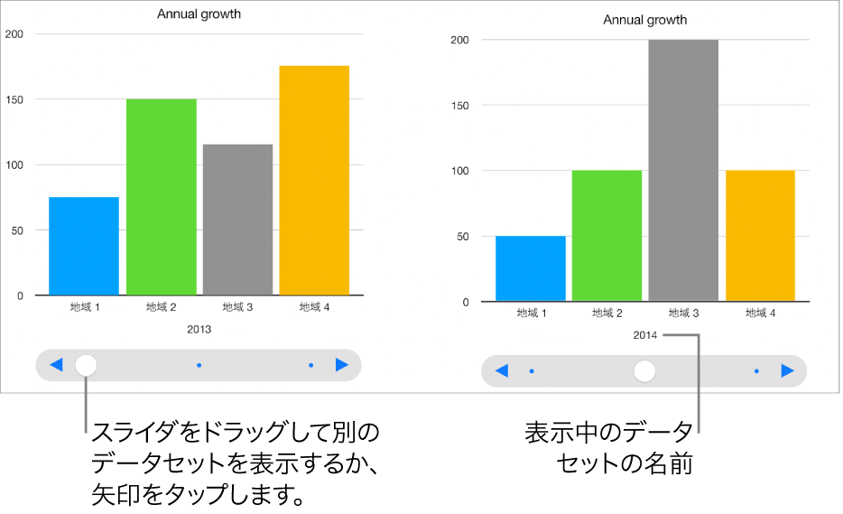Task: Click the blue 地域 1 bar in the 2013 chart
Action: (84, 246)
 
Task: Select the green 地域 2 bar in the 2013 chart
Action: (161, 197)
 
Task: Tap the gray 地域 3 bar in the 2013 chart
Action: (237, 220)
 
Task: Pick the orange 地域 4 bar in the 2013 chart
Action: (314, 181)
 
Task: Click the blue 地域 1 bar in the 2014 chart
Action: (531, 268)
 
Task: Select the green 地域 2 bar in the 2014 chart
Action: (607, 236)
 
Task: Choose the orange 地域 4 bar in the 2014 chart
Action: (760, 236)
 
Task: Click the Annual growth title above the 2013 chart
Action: (199, 14)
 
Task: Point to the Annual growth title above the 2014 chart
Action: (645, 20)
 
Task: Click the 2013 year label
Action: (199, 330)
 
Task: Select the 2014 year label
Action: (645, 336)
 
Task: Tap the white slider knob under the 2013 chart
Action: (86, 365)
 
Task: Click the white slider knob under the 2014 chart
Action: (644, 370)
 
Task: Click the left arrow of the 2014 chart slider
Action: (503, 370)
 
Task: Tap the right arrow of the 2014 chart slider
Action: (787, 370)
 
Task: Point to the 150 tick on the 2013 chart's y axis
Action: (14, 99)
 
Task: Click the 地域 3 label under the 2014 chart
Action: (683, 313)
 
